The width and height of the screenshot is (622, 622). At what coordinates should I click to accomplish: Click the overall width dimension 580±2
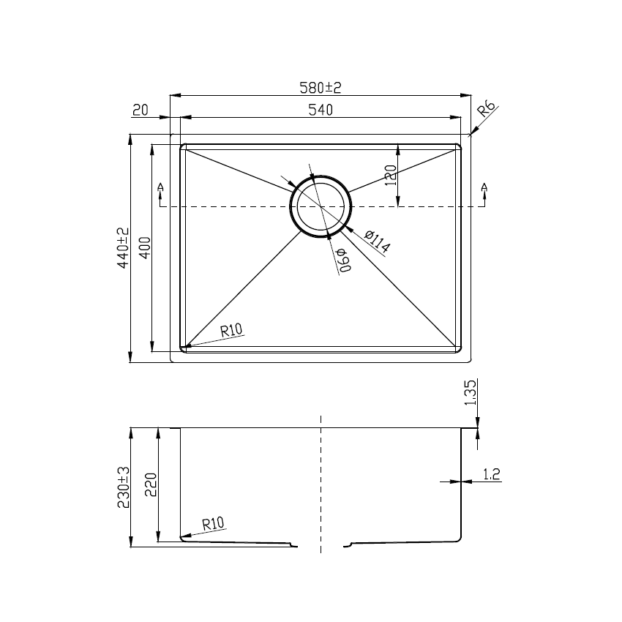[321, 88]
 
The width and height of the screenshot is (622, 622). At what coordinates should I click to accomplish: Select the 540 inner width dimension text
[321, 110]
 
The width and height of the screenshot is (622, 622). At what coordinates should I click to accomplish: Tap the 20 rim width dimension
[140, 110]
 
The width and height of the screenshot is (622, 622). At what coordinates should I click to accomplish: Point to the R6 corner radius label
[487, 111]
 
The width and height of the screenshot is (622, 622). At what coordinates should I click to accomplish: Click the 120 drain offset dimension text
[390, 176]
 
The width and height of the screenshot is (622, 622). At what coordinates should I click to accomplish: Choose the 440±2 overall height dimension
[123, 248]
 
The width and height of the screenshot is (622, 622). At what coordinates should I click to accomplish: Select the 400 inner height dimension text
[144, 248]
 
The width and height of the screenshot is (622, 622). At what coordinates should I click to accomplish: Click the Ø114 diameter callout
[376, 241]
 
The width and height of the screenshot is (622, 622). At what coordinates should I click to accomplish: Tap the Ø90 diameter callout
[342, 261]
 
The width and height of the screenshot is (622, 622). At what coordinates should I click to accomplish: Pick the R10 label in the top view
[231, 330]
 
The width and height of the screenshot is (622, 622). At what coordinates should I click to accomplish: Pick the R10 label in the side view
[213, 523]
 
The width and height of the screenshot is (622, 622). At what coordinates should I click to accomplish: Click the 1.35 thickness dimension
[471, 392]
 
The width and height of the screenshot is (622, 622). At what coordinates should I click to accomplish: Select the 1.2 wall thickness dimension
[492, 475]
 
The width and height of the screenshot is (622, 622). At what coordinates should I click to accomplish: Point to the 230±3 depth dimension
[123, 487]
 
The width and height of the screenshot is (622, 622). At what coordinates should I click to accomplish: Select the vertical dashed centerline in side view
[321, 483]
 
